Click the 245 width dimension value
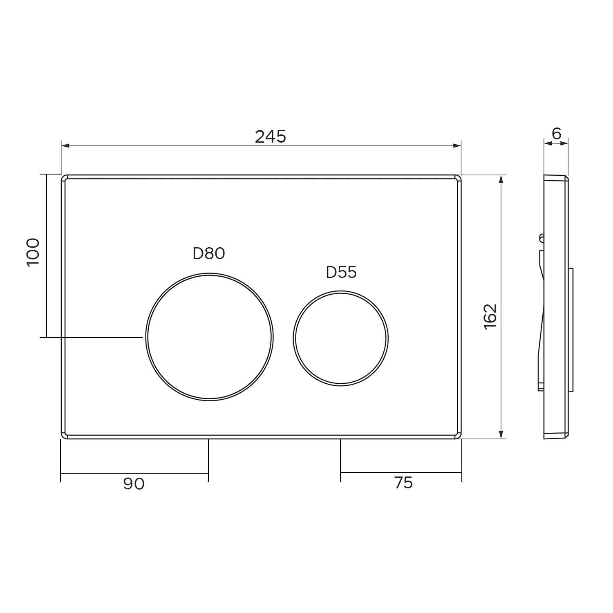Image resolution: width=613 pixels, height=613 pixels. point(271,136)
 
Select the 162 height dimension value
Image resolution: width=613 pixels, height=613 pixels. point(490,316)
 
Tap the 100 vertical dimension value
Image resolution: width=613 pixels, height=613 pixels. point(33,252)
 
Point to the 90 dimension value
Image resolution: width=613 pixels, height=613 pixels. point(134,484)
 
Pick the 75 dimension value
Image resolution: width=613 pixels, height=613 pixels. point(403,483)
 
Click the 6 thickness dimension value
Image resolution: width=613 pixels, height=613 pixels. point(557,133)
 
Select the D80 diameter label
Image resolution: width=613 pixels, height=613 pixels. point(209,254)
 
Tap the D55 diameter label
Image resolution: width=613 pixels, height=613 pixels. point(341,272)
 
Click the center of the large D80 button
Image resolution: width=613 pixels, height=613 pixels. point(209,336)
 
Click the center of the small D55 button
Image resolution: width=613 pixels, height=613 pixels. point(340,338)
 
